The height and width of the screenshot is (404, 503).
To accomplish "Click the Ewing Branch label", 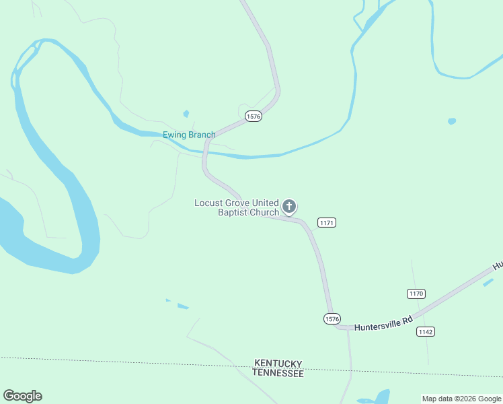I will point(189,135).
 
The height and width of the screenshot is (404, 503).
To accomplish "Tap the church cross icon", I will point(289,206).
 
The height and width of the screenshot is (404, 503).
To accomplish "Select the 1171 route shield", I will point(327,223).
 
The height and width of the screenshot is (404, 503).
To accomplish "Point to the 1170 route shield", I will point(416,294).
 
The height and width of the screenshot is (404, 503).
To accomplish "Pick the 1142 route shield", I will point(425,331).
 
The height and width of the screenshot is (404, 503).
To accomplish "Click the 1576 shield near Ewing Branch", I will point(253,116).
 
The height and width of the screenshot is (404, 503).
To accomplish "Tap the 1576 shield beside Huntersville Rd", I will point(332,318).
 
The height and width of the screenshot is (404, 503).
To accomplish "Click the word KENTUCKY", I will point(278,363).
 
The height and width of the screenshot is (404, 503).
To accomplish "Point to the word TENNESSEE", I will point(278,372).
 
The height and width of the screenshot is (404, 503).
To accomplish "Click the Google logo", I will point(22,396).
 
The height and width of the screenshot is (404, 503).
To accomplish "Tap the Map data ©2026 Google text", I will point(461,399).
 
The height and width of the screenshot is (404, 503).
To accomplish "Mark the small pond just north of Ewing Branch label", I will point(186,114).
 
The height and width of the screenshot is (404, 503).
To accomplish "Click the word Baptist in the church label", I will point(233,213).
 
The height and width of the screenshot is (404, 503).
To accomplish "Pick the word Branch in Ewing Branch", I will point(202,135).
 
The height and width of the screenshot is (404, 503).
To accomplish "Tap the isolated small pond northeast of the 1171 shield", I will point(451,122).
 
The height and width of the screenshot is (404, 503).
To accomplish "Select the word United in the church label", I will point(266,203).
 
